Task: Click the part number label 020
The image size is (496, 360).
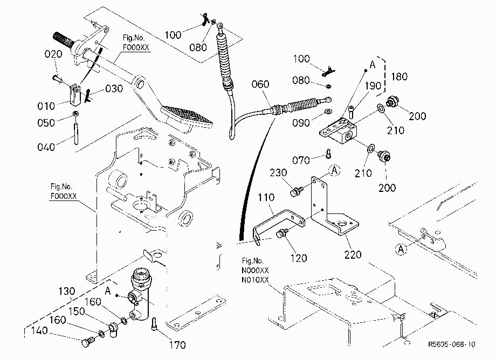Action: [x=53, y=54]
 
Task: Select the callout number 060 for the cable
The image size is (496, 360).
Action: [x=260, y=84]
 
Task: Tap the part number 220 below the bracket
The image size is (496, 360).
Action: [x=353, y=254]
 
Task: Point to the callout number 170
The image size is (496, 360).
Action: [x=177, y=345]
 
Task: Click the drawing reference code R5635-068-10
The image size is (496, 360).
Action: [x=452, y=344]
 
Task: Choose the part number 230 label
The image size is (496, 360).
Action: [x=278, y=172]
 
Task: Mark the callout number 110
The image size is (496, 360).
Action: [x=266, y=198]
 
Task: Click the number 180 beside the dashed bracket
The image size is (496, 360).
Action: [x=399, y=77]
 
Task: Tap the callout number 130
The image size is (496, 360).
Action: [x=67, y=291]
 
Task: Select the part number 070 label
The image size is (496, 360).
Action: [x=301, y=160]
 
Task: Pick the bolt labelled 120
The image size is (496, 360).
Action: [x=281, y=233]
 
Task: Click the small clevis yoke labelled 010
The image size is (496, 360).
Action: [x=74, y=94]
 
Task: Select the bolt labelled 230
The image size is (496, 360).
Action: [x=296, y=191]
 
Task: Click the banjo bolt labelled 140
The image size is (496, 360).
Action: [x=88, y=342]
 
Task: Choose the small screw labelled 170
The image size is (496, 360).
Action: [x=154, y=324]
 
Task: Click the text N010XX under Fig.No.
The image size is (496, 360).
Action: [x=255, y=280]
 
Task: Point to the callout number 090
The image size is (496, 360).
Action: [x=301, y=123]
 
